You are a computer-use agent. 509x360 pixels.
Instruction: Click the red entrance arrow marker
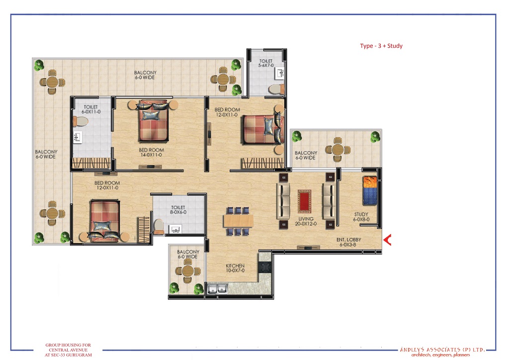click(387, 240)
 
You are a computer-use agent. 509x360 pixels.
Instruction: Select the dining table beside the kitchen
click(238, 221)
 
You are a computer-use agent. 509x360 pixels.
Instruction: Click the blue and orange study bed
click(370, 190)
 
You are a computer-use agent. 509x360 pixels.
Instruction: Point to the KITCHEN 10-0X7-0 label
click(235, 268)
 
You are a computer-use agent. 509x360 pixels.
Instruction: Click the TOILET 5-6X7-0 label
click(266, 63)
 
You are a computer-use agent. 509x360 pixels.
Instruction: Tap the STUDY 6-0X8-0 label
click(361, 217)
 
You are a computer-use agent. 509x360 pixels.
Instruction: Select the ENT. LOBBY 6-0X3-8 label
click(348, 242)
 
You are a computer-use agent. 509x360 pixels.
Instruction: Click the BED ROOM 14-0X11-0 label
click(151, 152)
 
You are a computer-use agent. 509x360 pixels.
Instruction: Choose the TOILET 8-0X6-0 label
click(178, 210)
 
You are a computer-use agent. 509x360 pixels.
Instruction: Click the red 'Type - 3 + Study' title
click(381, 46)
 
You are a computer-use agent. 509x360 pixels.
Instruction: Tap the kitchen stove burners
click(265, 267)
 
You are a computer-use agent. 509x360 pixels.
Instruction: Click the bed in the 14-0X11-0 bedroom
click(153, 121)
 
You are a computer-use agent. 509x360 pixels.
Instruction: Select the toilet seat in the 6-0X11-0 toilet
click(81, 122)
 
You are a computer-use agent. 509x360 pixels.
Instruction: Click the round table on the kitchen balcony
click(188, 270)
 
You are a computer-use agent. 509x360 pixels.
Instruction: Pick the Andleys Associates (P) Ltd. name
click(442, 350)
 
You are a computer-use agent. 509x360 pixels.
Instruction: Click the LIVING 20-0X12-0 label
click(306, 221)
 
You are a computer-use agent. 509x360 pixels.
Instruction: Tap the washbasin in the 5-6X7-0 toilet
click(279, 73)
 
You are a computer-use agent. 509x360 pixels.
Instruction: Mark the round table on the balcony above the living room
click(338, 150)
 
